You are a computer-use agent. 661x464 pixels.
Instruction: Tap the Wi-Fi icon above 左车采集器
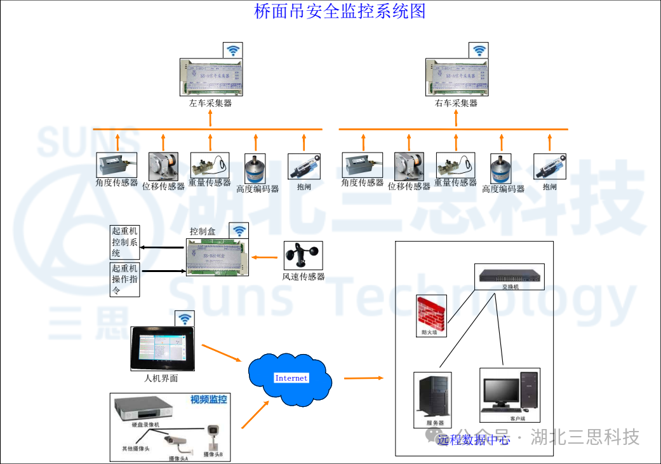[x=233, y=50]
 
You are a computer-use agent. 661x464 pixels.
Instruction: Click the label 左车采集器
[x=210, y=103]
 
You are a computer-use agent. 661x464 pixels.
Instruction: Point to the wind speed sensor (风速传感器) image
[x=302, y=256]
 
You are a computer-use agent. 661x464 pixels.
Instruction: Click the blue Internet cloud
[x=291, y=379]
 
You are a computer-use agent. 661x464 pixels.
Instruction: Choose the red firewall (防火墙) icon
[x=431, y=311]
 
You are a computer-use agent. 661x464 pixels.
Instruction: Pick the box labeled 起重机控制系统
[x=124, y=242]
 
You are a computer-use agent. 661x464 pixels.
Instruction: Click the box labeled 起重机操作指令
[x=124, y=280]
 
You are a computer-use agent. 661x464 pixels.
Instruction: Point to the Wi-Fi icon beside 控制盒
[x=239, y=231]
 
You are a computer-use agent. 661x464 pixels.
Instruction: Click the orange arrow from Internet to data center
[x=364, y=378]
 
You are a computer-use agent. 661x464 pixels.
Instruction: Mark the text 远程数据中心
[x=473, y=439]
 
